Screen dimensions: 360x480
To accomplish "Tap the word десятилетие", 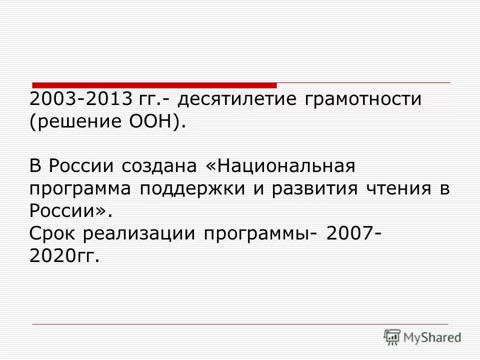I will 235,99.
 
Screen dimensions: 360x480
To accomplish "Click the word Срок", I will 53,233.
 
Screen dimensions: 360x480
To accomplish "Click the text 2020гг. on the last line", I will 64,256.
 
